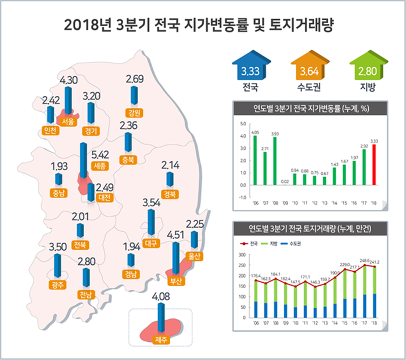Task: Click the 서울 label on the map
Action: (x=68, y=122)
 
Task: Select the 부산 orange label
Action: (x=175, y=281)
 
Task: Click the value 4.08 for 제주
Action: (x=161, y=298)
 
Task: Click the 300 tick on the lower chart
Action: (x=242, y=255)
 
